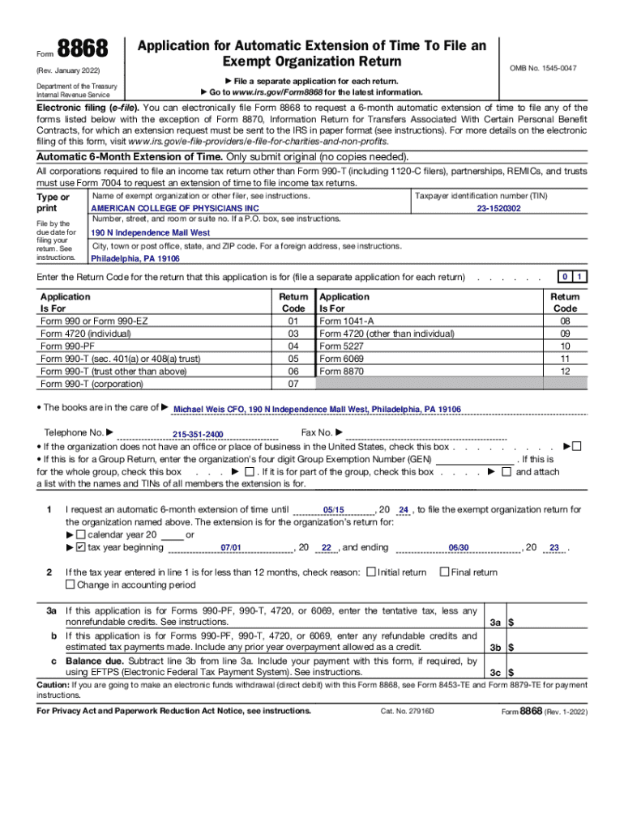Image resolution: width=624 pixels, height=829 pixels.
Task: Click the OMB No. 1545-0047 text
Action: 543,69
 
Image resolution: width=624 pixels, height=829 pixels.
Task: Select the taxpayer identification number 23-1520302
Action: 498,208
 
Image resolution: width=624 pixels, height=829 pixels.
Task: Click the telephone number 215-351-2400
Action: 198,435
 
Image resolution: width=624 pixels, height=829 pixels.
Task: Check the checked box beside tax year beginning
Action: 80,547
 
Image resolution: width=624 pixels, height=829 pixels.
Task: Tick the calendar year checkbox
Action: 80,535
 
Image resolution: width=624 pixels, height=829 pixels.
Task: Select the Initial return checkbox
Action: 371,572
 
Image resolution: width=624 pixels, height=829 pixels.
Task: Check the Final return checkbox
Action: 443,572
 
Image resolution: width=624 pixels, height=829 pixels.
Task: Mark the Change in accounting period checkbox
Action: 71,585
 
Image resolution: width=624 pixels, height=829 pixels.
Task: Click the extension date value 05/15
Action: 333,510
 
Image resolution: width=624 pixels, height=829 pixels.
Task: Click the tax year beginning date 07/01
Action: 231,548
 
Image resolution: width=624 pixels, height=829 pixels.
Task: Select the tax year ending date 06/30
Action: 459,548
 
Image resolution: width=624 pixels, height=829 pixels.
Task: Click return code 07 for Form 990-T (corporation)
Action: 293,384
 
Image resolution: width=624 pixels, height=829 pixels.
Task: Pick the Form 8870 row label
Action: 342,372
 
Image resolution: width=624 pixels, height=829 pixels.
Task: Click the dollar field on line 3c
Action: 551,672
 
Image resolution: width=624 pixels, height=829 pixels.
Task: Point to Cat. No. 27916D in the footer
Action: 408,711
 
